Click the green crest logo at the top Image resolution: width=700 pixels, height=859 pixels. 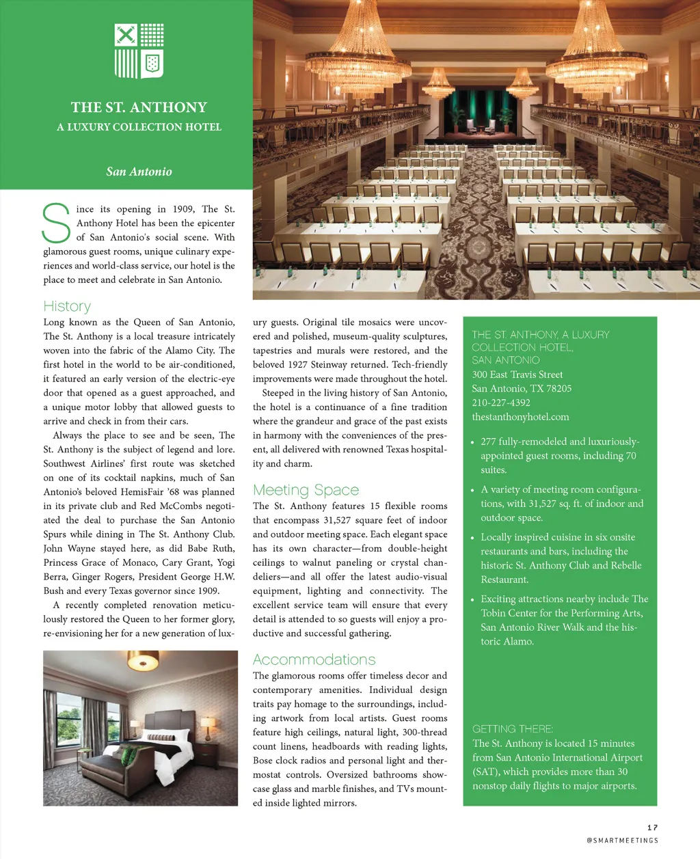coord(139,51)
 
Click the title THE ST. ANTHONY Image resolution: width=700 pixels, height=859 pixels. coord(139,107)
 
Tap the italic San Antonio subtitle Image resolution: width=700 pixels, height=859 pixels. coord(139,172)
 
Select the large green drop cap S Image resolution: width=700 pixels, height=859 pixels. coord(56,223)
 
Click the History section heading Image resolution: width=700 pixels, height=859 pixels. coord(67,306)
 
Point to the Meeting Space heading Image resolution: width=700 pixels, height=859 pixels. coord(306,490)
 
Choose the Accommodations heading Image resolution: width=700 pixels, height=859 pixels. coord(314,659)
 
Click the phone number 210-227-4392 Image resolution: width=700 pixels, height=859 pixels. coord(501,403)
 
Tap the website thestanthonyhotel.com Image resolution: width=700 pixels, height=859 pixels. coord(520,417)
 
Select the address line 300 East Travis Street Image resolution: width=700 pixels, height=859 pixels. coord(517,374)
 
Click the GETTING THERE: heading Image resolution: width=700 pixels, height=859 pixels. coord(513,729)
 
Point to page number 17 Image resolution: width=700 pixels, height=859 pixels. coord(652,828)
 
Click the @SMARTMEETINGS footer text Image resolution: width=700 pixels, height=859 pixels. coord(622,841)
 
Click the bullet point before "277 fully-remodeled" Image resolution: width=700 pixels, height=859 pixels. coord(472,442)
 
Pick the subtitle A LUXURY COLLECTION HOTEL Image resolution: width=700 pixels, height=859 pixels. coord(139,127)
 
